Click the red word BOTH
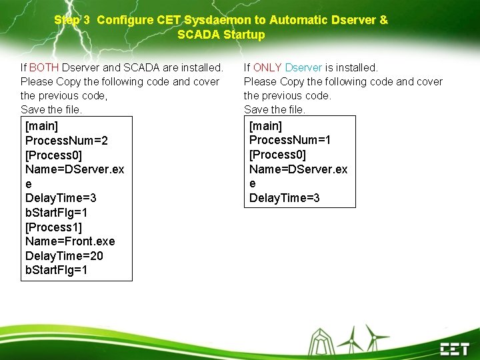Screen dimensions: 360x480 tap(44, 67)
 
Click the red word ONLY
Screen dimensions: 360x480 tap(267, 67)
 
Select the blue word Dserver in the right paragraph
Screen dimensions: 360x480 tap(303, 67)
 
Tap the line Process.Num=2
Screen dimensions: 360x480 tap(67, 140)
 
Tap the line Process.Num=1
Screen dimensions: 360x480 tap(290, 139)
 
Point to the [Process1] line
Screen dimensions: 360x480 tap(53, 227)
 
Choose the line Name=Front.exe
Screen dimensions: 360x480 tap(70, 241)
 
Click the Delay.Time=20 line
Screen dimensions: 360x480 tap(64, 256)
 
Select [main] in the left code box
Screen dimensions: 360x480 tap(41, 126)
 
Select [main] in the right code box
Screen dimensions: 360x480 tap(265, 125)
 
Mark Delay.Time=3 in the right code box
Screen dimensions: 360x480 tap(285, 198)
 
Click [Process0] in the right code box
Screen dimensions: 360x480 tap(277, 155)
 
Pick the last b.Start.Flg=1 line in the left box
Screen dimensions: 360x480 tap(57, 271)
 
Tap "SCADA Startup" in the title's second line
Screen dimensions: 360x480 tap(221, 35)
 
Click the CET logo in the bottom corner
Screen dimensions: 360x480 tap(454, 348)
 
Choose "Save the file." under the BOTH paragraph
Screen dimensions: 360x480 tap(51, 109)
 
